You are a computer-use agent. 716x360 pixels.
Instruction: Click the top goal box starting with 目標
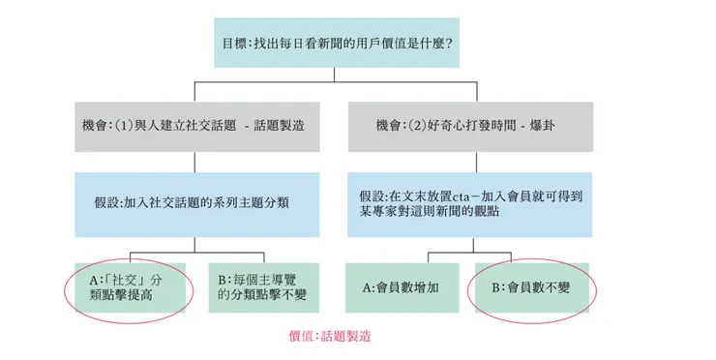pos(338,43)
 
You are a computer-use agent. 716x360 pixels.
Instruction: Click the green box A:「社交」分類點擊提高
pos(130,286)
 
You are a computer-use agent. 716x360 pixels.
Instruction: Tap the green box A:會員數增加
pos(401,286)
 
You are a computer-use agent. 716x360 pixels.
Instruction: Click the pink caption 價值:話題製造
pos(329,337)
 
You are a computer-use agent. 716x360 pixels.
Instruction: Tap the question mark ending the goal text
pos(450,44)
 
